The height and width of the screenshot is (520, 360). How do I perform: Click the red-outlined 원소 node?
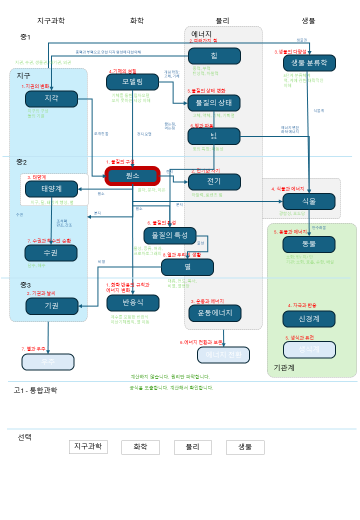132,176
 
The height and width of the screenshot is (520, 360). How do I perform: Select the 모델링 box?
132,81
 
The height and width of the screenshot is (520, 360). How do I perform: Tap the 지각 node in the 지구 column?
51,98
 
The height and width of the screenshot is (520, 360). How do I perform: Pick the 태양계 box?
51,189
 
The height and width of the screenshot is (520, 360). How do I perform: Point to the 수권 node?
51,253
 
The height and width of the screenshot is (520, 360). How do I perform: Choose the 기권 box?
51,305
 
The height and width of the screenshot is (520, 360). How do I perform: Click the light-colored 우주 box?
48,361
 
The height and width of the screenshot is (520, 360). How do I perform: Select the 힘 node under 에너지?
214,55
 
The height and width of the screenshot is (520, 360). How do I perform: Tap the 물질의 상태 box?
214,103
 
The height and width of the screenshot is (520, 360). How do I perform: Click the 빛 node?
214,136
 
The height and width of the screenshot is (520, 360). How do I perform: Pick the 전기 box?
214,181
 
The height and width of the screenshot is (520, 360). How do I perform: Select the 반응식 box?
132,302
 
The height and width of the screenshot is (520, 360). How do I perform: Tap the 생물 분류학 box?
309,63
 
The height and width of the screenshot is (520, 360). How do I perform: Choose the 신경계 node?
308,318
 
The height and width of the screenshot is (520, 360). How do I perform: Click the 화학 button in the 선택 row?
140,447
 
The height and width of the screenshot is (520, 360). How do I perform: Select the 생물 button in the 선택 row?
245,447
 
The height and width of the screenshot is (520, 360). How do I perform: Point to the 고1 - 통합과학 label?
35,390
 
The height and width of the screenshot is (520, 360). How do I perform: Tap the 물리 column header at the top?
222,20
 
